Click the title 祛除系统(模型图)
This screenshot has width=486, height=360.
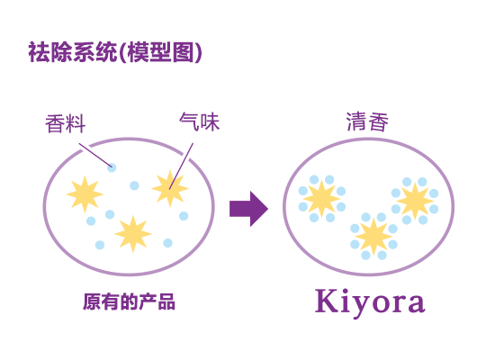click(115, 52)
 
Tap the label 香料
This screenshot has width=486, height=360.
click(66, 123)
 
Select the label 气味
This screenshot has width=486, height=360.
click(200, 121)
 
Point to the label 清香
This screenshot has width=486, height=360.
click(367, 121)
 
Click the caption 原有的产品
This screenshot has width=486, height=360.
click(129, 301)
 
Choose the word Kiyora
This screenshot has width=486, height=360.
click(370, 301)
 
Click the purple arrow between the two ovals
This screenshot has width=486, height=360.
click(249, 209)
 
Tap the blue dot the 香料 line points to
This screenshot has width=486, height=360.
click(112, 167)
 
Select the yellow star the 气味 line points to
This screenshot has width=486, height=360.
click(170, 188)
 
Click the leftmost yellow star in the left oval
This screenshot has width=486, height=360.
click(85, 194)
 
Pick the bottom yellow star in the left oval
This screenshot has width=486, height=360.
click(133, 234)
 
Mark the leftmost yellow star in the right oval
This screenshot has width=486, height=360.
click(321, 199)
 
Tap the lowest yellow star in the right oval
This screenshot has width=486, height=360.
click(373, 237)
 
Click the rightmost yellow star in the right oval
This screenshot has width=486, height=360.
click(415, 201)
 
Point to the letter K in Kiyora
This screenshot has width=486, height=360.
click(327, 301)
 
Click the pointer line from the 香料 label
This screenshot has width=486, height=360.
click(95, 155)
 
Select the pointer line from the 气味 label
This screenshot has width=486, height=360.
click(181, 166)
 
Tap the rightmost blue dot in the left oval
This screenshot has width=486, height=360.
click(184, 216)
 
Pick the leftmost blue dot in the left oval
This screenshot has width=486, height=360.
click(91, 221)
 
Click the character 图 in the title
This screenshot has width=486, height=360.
click(184, 52)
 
